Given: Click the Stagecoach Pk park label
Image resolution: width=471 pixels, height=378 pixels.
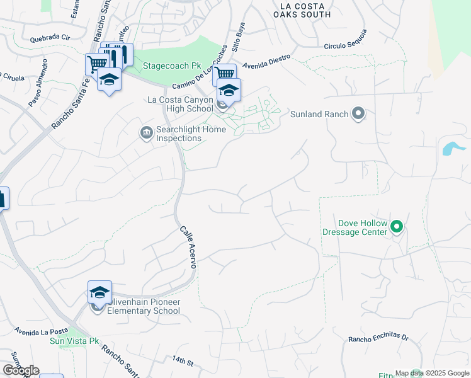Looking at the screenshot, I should tap(167, 65).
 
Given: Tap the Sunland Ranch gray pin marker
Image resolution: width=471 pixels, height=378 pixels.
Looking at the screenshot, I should tap(358, 114).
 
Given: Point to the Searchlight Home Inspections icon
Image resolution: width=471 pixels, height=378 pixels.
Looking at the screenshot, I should tap(146, 132).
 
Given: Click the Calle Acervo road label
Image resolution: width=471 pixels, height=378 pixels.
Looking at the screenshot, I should tap(188, 248).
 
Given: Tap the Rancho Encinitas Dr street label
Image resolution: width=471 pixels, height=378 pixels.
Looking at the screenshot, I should tap(378, 339).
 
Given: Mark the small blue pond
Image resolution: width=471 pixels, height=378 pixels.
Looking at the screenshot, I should tap(453, 149).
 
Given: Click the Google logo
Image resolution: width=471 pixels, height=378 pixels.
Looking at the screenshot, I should tap(21, 370).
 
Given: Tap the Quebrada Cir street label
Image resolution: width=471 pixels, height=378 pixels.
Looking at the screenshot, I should tap(50, 38).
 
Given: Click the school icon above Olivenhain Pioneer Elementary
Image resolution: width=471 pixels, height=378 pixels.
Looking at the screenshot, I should tap(99, 292).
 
